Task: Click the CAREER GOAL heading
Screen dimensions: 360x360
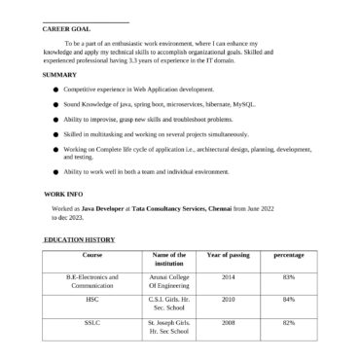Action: point(66,29)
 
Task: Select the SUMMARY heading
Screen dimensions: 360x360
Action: point(59,75)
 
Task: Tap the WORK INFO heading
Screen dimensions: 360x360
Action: point(63,195)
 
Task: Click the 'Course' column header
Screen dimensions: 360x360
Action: point(92,255)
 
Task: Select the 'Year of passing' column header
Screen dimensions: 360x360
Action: point(229,255)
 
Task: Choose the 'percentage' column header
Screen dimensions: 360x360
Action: point(288,255)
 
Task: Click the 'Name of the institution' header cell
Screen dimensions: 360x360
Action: point(169,259)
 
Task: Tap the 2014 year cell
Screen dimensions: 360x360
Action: point(229,277)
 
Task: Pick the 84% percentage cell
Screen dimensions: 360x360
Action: point(288,300)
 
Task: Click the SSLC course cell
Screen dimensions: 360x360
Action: point(92,322)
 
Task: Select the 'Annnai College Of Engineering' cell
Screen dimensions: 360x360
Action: point(169,281)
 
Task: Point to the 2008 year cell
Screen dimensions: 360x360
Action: point(229,322)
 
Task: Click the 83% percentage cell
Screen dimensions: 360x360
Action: point(288,277)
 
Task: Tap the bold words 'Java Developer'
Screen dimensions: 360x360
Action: point(102,209)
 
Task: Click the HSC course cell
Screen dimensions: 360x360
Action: point(92,300)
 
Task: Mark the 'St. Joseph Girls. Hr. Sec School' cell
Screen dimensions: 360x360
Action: point(169,326)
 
